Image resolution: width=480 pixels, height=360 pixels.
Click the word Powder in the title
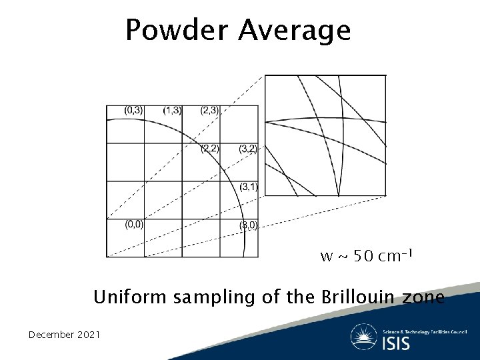pyautogui.click(x=177, y=30)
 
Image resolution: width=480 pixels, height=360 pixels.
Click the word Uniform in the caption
pyautogui.click(x=131, y=297)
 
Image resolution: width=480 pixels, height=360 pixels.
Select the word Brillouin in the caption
pyautogui.click(x=355, y=297)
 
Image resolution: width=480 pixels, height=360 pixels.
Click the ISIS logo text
pyautogui.click(x=396, y=343)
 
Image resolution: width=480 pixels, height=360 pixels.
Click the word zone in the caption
pyautogui.click(x=423, y=297)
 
